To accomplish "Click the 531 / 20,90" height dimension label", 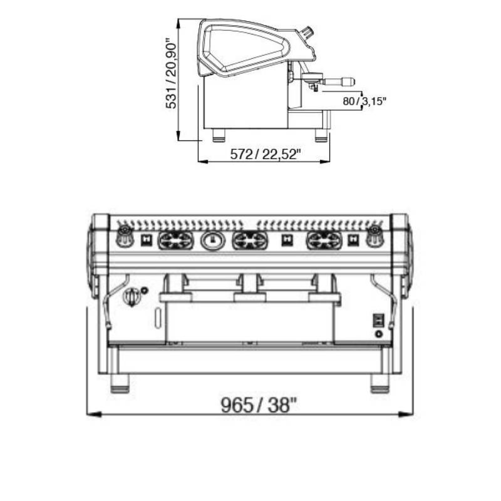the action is (171, 74).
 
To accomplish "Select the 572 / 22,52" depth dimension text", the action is (266, 154).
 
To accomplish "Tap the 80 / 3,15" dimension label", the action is (364, 101).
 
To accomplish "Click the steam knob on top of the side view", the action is (307, 33).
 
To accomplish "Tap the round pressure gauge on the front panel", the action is (213, 240).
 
